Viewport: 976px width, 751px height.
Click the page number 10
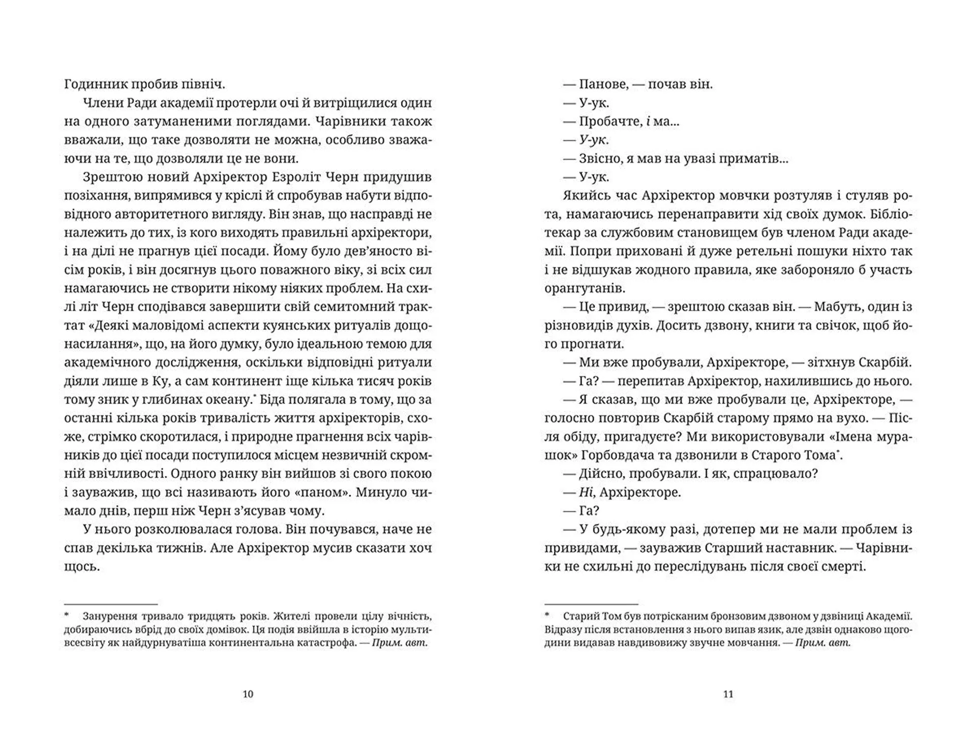click(248, 694)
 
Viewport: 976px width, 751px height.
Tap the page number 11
click(728, 694)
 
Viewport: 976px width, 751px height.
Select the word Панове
click(602, 84)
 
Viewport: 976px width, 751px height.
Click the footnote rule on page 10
click(111, 602)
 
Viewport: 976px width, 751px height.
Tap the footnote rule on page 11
click(591, 602)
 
